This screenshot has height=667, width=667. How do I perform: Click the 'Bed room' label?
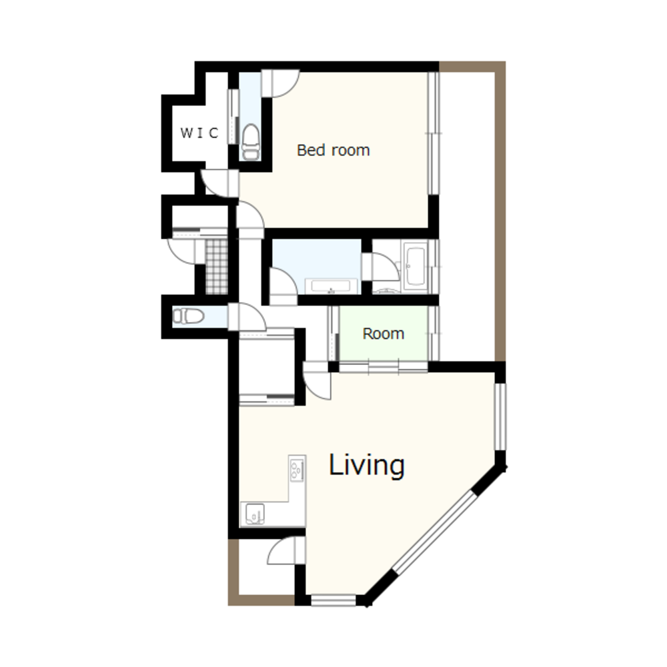click(x=333, y=150)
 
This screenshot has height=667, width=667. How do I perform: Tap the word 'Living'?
click(x=366, y=465)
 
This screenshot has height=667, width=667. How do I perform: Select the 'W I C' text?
click(x=199, y=133)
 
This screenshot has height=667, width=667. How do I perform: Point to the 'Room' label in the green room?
click(x=383, y=333)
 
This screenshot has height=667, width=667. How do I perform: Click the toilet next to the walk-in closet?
click(x=251, y=142)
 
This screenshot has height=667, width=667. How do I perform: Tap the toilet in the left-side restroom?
click(x=188, y=316)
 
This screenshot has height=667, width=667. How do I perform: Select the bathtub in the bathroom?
click(x=415, y=265)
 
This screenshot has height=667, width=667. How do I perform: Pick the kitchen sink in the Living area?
click(x=255, y=514)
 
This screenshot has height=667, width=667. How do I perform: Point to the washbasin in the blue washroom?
click(x=331, y=286)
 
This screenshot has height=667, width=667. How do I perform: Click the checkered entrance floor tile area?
click(x=217, y=266)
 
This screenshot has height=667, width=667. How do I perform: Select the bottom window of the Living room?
click(x=333, y=600)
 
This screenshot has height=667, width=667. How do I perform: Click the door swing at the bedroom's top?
click(x=280, y=83)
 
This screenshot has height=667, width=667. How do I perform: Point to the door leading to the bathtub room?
click(x=380, y=267)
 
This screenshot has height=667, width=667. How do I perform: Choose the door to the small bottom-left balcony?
click(x=286, y=550)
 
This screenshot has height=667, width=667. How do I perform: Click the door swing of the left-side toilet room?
click(x=247, y=316)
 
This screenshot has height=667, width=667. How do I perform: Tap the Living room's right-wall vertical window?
click(x=500, y=416)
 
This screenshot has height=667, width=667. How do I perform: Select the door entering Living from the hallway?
click(x=317, y=381)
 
